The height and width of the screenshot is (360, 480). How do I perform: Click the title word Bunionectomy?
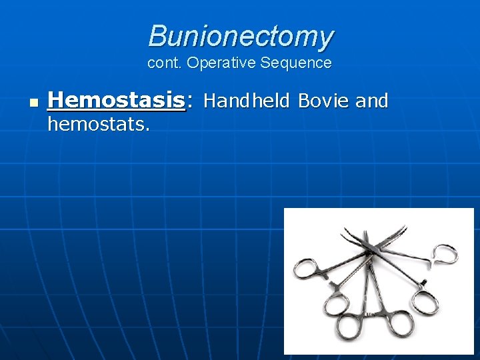[241, 36]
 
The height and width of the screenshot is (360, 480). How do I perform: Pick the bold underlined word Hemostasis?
[117, 101]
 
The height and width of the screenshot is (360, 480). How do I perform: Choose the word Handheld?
[247, 101]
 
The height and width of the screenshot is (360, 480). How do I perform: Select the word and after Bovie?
[371, 101]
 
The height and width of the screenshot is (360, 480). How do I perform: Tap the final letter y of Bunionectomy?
[326, 39]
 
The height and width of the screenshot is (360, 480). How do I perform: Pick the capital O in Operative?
[191, 63]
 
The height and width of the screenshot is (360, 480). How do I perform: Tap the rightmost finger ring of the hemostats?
[445, 254]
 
